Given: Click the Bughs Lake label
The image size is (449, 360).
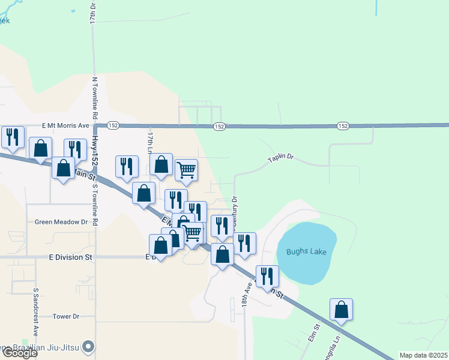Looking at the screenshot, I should point(306,251).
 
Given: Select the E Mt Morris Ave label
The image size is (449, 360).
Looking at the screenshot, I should point(65,126).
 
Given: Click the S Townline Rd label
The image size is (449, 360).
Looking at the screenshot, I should point(94,198).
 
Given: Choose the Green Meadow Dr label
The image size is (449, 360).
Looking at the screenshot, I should point(61,221).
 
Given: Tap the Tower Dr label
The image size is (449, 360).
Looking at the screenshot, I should point(66,316).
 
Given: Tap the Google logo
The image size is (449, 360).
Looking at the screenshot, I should point(20,353).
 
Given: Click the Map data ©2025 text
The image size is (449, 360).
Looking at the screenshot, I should point(423,355).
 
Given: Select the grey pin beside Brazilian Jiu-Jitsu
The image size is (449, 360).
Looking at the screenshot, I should point(89,346).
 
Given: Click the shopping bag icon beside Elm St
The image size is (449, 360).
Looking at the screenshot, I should point(341,310).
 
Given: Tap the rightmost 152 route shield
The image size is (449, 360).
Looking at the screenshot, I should point(343,126).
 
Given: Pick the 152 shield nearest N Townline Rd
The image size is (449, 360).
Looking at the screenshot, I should point(113,126).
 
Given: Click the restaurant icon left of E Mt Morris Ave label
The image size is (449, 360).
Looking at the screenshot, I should point(12,137).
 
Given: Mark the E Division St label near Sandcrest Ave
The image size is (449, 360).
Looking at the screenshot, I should point(72,257).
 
